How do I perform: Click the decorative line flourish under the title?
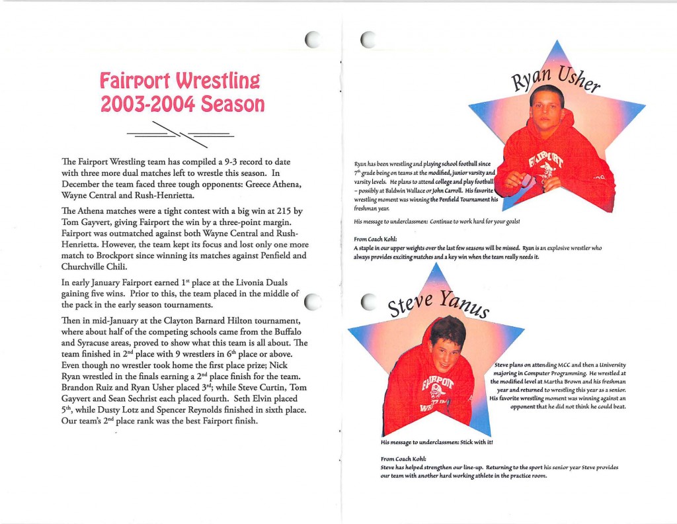click(180, 134)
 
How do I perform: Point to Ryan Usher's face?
click(547, 107)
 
